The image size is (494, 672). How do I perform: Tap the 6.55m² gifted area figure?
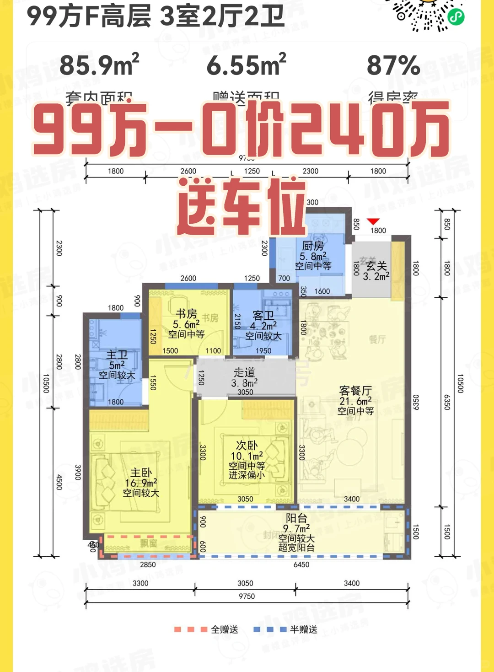pyautogui.click(x=246, y=65)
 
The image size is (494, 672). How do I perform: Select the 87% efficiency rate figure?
pyautogui.click(x=393, y=65)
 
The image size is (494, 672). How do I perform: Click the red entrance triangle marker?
pyautogui.click(x=373, y=222)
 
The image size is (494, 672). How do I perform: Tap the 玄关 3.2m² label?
pyautogui.click(x=376, y=271)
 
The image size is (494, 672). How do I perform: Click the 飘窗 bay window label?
pyautogui.click(x=149, y=543)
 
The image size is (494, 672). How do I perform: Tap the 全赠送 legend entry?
pyautogui.click(x=224, y=629)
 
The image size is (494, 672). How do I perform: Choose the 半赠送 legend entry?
pyautogui.click(x=303, y=629)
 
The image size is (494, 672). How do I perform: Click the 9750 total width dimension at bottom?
pyautogui.click(x=247, y=596)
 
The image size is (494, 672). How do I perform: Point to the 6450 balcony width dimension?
pyautogui.click(x=301, y=564)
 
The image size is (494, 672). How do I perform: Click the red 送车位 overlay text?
pyautogui.click(x=242, y=207)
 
